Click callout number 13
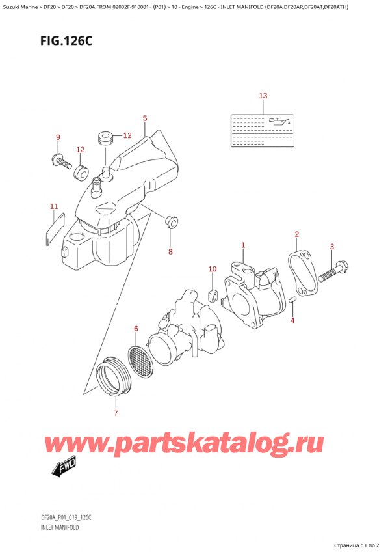point(263,96)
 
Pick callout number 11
point(54,206)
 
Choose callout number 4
point(292,320)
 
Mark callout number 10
point(211,269)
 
